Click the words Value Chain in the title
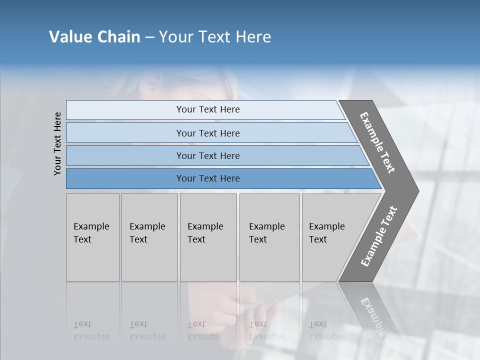[x=94, y=37]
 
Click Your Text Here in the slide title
[x=215, y=37]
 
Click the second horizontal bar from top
[x=207, y=133]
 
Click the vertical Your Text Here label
[x=57, y=143]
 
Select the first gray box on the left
[x=92, y=237]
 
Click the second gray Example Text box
[x=149, y=237]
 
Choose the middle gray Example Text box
[x=208, y=237]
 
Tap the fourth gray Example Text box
[x=269, y=237]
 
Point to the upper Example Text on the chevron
[x=378, y=142]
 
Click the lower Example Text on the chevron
[x=378, y=236]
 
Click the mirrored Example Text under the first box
[x=91, y=330]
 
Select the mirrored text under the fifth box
[x=326, y=330]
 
